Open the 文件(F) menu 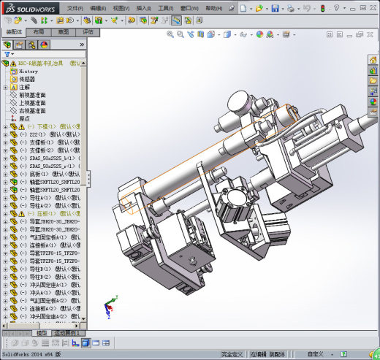tap(75, 7)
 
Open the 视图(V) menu tap(122, 7)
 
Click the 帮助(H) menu tap(214, 7)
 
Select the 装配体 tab tap(13, 33)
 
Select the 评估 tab tap(88, 33)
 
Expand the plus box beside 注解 tap(6, 87)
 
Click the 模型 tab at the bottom tap(42, 333)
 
